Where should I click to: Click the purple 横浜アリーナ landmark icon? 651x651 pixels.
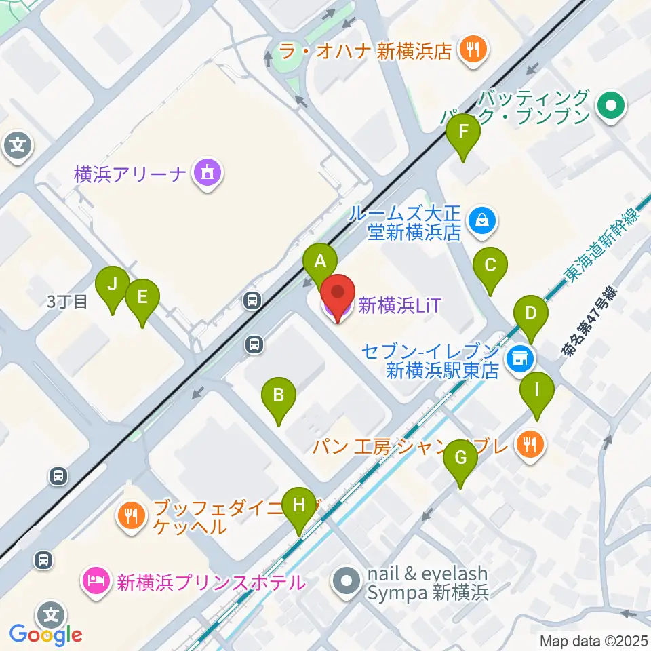(x=205, y=174)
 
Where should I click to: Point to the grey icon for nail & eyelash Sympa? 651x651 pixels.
(x=347, y=583)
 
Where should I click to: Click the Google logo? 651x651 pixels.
(x=45, y=635)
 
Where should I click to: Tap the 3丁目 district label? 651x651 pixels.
(x=67, y=302)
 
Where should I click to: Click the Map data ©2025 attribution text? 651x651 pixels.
(x=593, y=641)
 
